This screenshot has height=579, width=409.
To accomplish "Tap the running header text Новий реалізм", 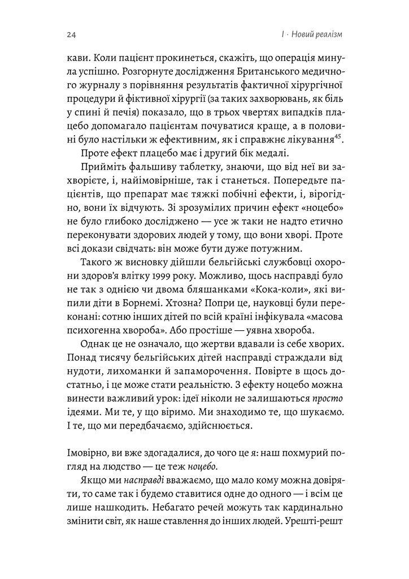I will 317,35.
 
